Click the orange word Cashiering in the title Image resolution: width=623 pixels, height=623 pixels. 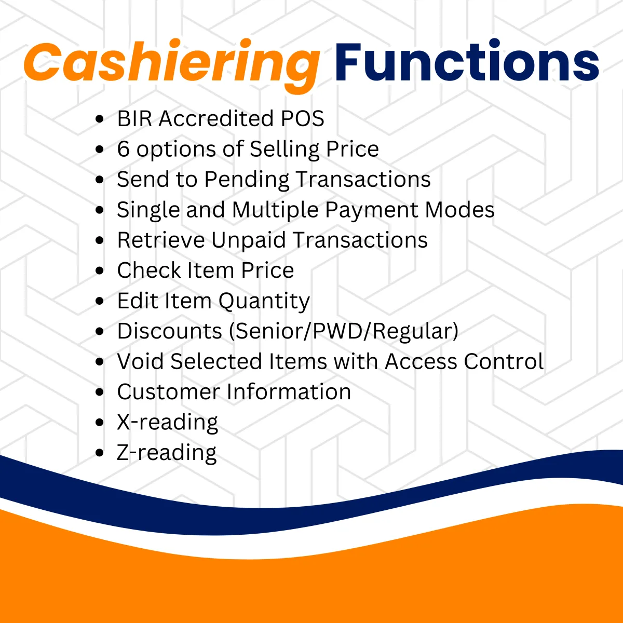[x=172, y=65]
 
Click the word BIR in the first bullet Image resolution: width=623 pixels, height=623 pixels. [x=134, y=118]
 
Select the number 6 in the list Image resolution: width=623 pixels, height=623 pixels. [x=123, y=148]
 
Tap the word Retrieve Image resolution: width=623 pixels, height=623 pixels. [x=161, y=240]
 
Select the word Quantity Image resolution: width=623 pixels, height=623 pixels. [x=264, y=302]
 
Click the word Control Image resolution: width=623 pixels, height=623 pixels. [x=504, y=361]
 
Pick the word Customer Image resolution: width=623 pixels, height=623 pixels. [x=168, y=392]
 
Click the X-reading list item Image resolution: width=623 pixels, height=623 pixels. [x=168, y=423]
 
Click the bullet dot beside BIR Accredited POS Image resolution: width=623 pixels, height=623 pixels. [x=100, y=119]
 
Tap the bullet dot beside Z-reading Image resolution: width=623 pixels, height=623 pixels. [x=100, y=453]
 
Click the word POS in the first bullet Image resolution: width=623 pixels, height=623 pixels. [x=302, y=118]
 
